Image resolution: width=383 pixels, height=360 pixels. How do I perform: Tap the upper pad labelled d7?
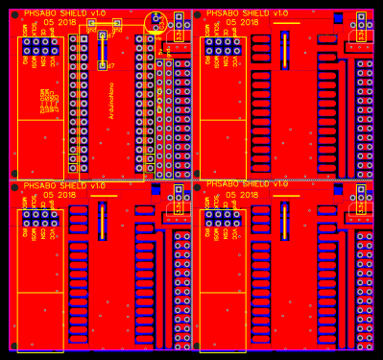click(102, 36)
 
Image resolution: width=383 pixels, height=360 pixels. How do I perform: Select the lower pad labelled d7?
click(102, 65)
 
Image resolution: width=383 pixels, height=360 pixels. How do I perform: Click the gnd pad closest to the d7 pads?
click(91, 23)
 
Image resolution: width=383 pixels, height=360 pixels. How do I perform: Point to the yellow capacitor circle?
click(156, 22)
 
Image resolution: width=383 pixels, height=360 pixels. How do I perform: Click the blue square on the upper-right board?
click(338, 18)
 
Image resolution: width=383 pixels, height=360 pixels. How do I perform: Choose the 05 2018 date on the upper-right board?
click(240, 22)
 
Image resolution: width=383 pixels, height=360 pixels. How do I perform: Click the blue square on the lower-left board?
click(156, 190)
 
